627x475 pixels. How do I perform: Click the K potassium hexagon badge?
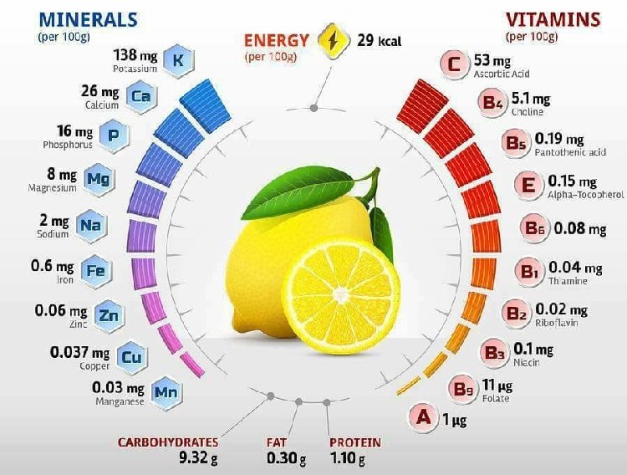pos(176,60)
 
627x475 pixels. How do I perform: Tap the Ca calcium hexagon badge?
pos(140,97)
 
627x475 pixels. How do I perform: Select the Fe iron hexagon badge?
pos(94,269)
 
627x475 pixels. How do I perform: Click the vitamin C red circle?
pos(453,64)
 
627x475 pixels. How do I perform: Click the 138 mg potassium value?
pos(135,55)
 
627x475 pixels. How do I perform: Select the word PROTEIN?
pos(355,442)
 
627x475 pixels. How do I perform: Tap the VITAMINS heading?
pos(553,19)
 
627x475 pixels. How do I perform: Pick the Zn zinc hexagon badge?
pos(108,314)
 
